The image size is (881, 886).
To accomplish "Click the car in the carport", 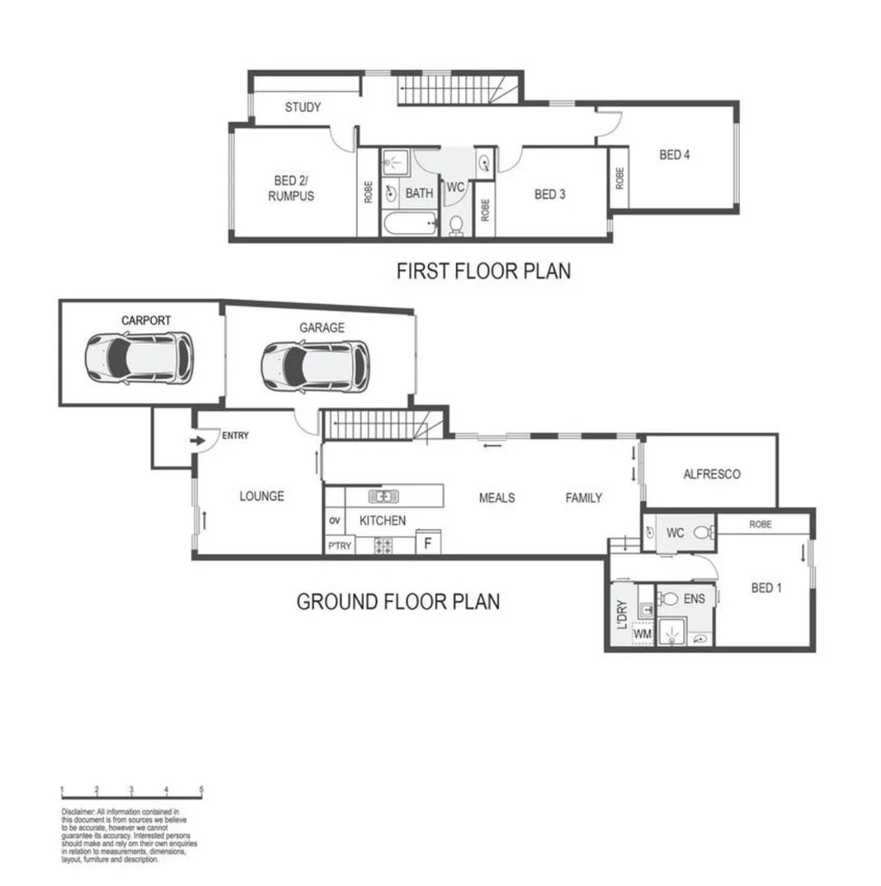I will (x=139, y=357).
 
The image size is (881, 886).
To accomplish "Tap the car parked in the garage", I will (x=315, y=365).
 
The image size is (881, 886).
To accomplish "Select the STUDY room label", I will (x=303, y=107).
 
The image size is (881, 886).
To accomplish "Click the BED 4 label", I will (x=674, y=154).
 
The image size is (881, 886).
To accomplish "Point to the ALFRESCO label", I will (x=711, y=474).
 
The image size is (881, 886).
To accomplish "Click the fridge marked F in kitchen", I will (x=427, y=543).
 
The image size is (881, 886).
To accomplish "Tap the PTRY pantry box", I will (x=338, y=545).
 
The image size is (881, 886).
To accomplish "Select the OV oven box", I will (x=334, y=521).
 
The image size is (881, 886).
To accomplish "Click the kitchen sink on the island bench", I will (x=383, y=496).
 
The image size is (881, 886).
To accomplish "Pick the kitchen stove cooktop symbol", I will (x=384, y=544).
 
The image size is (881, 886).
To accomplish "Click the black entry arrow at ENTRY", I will (x=198, y=441).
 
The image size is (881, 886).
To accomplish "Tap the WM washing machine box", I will (x=642, y=634).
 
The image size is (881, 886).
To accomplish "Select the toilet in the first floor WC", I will (x=456, y=224).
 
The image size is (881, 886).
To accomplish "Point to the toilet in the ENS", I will (x=668, y=598).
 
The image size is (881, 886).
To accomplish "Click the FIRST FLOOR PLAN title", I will (x=483, y=271).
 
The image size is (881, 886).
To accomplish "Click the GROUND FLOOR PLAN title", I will (x=398, y=601).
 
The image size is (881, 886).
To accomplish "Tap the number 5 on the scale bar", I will (x=201, y=790).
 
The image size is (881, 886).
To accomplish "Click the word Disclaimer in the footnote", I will (x=78, y=813).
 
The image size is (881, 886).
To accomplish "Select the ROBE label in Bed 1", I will (x=761, y=524).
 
